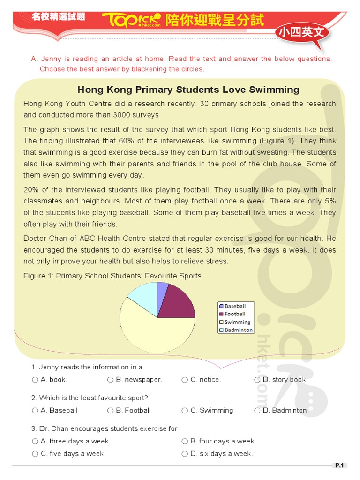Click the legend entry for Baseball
(x=235, y=306)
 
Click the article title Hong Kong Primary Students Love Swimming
(x=188, y=90)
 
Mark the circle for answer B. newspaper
(x=110, y=380)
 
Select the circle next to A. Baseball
(x=35, y=411)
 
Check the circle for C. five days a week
(x=35, y=454)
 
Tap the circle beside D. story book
(x=257, y=380)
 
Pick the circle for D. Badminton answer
(x=257, y=411)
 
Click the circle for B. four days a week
(x=185, y=441)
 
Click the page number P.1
(x=339, y=465)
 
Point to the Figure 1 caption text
(x=112, y=276)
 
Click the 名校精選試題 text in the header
(x=58, y=16)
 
